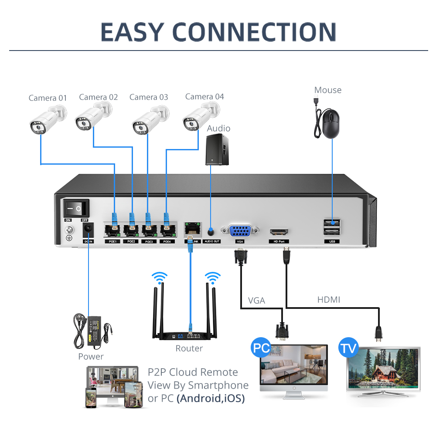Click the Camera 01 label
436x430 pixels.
click(48, 98)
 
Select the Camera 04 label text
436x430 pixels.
click(204, 96)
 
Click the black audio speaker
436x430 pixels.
click(217, 149)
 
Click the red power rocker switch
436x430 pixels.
click(76, 208)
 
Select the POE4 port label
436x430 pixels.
click(166, 241)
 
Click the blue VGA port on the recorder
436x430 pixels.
click(239, 231)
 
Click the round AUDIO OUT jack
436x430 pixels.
click(211, 230)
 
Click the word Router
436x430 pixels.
click(189, 348)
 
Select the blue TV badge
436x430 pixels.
click(348, 349)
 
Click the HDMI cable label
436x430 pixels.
click(328, 299)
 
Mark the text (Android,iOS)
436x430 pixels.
click(211, 398)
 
